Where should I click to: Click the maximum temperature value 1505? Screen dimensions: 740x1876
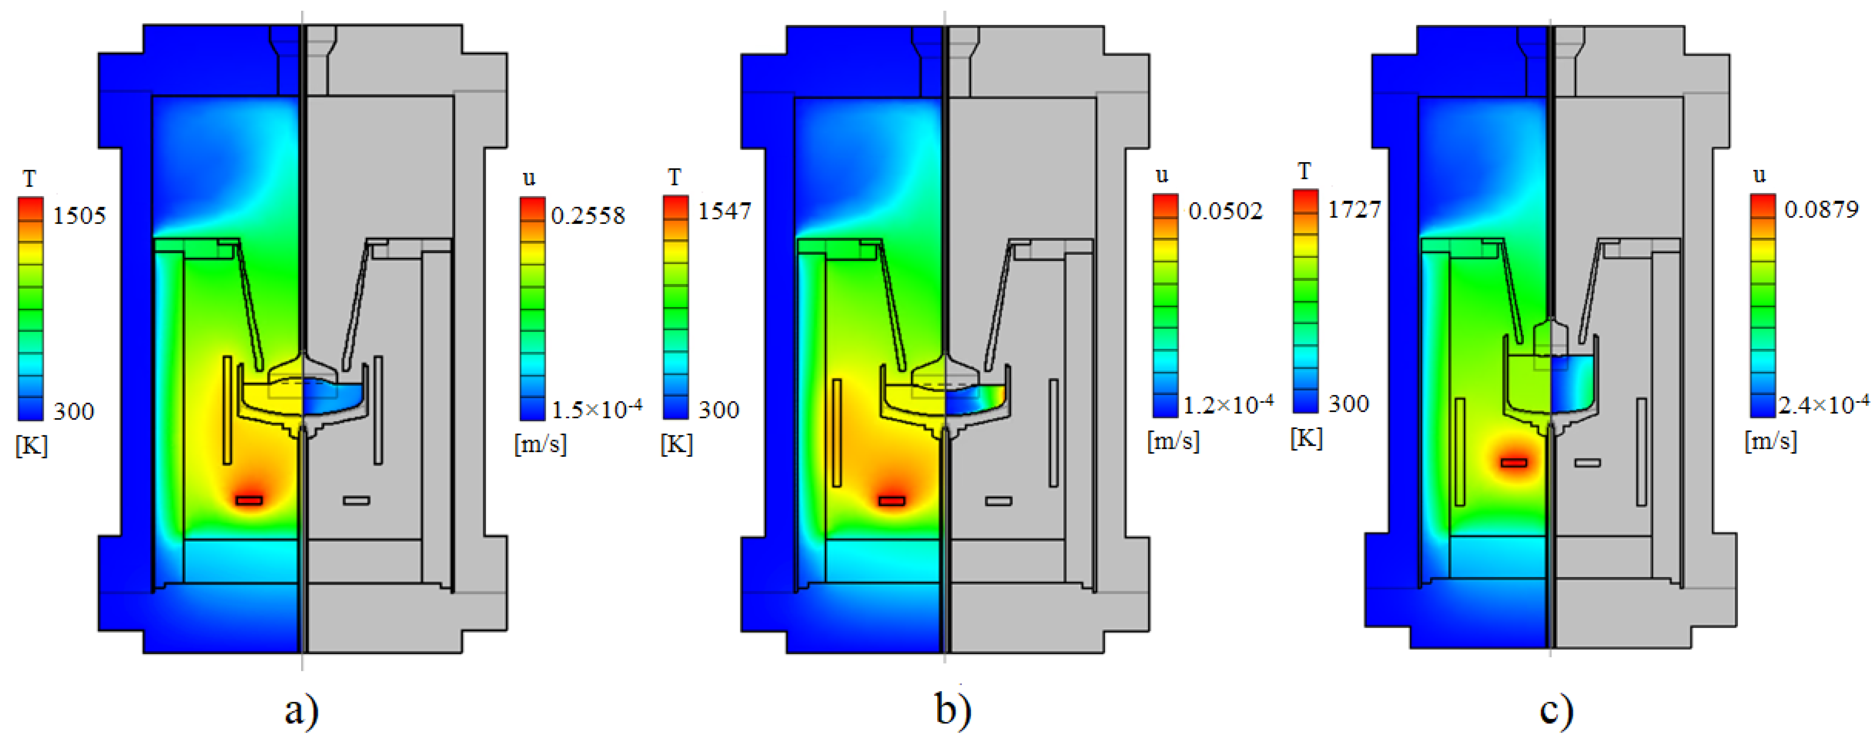coord(78,216)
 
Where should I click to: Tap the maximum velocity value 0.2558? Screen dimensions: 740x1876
coord(588,216)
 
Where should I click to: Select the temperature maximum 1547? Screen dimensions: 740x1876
coord(724,211)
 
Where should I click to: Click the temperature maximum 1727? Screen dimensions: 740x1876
coord(1354,210)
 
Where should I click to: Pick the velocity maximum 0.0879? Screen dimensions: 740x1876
coord(1822,210)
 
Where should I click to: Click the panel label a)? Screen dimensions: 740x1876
coord(302,710)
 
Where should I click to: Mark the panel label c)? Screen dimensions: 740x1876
coord(1556,710)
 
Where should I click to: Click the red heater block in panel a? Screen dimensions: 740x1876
coord(249,500)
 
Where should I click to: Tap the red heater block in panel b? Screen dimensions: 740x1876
coord(891,501)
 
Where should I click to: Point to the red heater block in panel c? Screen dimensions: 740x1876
coord(1514,462)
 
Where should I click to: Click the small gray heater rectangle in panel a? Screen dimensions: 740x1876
coord(356,500)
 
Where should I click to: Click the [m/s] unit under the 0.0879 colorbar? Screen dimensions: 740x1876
coord(1771,441)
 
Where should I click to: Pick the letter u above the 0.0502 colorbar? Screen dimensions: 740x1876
coord(1162,175)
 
